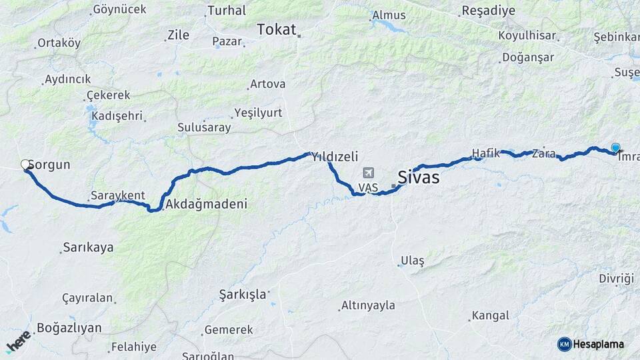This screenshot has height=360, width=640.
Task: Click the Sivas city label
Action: click(418, 177)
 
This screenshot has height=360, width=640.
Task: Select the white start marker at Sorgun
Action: click(26, 165)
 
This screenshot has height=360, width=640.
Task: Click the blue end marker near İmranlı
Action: click(615, 148)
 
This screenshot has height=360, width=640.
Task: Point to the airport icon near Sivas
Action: click(369, 173)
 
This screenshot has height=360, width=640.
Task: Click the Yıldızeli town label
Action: click(335, 157)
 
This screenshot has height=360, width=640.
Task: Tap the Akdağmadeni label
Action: click(205, 204)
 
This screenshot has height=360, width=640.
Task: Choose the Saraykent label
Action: click(118, 195)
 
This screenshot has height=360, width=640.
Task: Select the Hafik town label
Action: click(485, 153)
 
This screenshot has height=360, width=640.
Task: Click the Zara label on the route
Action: click(543, 154)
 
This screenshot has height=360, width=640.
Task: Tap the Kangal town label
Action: click(490, 315)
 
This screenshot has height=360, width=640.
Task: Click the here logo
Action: click(19, 341)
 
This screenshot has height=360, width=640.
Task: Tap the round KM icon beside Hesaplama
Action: click(564, 344)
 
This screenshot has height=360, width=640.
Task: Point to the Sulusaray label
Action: click(204, 127)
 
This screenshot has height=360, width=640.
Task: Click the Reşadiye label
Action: click(488, 11)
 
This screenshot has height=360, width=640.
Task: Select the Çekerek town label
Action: click(105, 95)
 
